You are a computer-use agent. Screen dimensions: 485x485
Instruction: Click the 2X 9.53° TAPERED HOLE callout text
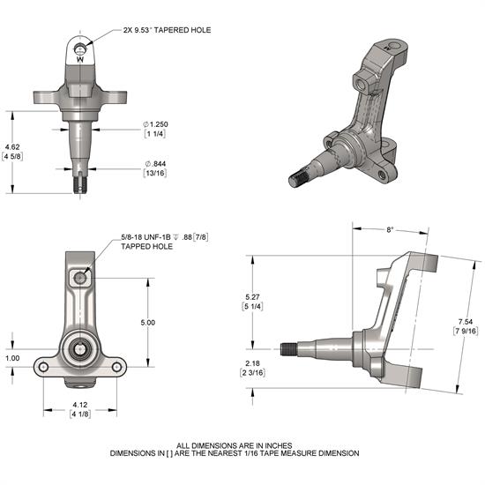click(168, 29)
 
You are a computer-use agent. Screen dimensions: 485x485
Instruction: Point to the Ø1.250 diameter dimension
click(157, 125)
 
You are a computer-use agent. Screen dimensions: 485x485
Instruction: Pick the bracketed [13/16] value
click(156, 174)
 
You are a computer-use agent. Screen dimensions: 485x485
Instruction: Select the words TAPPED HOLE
click(146, 247)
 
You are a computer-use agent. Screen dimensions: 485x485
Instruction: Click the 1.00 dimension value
click(11, 358)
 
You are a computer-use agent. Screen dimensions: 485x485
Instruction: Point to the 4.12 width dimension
click(80, 406)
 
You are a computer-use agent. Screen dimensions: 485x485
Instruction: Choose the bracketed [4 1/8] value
click(80, 415)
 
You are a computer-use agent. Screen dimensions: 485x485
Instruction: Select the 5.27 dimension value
click(251, 297)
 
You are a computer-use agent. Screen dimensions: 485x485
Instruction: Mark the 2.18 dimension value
click(251, 363)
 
